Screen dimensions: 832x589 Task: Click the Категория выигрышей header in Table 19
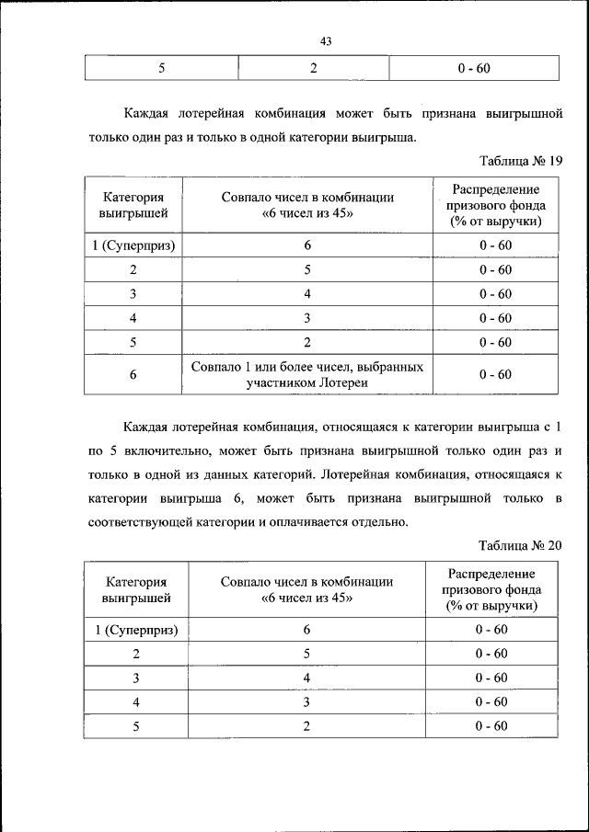coord(133,205)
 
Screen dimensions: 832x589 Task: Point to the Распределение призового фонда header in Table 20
coord(492,590)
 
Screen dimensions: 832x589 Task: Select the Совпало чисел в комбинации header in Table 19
coord(307,205)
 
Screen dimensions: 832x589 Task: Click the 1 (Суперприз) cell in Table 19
coord(133,245)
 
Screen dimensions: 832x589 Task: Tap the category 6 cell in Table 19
coord(133,374)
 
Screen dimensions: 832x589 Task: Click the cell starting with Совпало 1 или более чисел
coord(307,374)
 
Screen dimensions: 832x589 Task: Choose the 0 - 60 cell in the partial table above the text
coord(474,68)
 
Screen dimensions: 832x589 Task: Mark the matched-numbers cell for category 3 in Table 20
coord(307,678)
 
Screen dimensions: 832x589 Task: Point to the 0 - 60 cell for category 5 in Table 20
coord(492,725)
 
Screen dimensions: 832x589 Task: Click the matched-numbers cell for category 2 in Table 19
coord(307,270)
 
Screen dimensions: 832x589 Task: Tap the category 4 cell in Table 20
coord(136,701)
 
